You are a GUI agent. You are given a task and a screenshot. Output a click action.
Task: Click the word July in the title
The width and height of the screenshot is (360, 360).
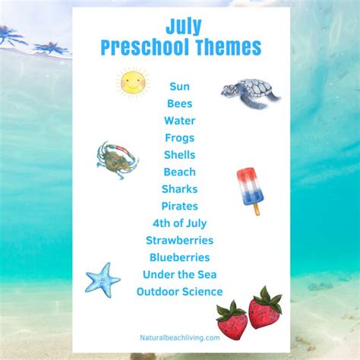point(184,27)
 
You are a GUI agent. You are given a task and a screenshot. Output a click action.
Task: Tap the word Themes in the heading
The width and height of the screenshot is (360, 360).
point(229,47)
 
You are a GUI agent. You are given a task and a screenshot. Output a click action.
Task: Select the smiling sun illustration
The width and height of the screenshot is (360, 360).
point(133,81)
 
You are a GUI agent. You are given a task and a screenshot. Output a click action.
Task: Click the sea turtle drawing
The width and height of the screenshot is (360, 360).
point(251,93)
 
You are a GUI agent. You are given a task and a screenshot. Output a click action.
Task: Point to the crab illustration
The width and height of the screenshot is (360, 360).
point(118,159)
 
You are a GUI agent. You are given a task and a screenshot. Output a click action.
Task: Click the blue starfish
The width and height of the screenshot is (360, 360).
point(103,280)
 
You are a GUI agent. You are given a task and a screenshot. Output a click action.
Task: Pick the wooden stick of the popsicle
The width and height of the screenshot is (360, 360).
point(257,209)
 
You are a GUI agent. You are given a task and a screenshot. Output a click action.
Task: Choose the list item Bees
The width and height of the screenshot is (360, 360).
point(180,103)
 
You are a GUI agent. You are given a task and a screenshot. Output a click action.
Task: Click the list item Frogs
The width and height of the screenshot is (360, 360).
point(180,138)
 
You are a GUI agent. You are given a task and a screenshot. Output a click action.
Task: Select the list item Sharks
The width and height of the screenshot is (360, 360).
point(180,189)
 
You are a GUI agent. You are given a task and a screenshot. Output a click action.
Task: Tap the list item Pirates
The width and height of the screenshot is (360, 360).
point(180,206)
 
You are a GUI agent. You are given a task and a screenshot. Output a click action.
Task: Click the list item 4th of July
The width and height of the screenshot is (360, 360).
point(180,223)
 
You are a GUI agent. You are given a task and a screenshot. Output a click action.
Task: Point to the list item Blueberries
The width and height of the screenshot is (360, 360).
point(180,257)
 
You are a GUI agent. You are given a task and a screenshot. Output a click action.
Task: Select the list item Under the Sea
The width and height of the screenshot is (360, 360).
point(180,274)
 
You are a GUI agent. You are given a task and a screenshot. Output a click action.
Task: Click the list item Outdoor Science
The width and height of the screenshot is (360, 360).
point(180,292)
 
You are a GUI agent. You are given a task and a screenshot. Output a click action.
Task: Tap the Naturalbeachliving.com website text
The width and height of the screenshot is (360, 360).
point(180,338)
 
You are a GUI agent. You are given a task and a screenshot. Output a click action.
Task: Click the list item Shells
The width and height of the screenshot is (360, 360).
point(180,155)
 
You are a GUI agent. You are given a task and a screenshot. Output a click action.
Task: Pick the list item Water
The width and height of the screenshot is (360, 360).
point(180,121)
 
